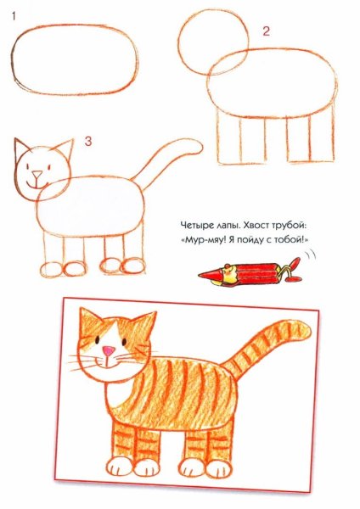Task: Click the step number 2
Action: (x=265, y=32)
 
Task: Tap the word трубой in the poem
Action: (x=288, y=226)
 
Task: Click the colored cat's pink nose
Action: (x=110, y=350)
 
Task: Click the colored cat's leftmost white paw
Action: (x=118, y=467)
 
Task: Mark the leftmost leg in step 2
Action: (x=224, y=139)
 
